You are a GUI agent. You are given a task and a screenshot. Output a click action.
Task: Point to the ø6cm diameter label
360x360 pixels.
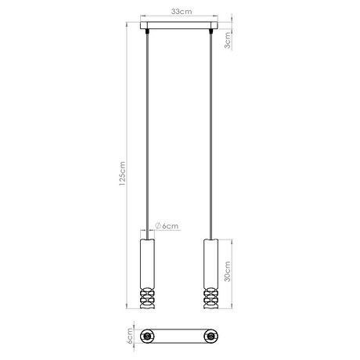pos(167,225)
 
